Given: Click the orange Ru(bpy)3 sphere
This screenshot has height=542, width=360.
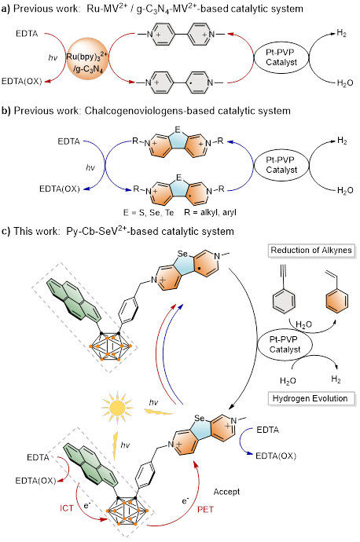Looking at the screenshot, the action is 87,57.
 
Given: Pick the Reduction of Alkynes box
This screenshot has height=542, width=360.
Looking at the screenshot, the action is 311,251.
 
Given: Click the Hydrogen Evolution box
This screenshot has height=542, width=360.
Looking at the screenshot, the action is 311,398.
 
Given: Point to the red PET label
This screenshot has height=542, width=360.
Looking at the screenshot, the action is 205,510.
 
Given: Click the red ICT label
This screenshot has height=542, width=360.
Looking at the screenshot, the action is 66,508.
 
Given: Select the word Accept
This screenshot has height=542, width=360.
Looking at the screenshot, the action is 226,492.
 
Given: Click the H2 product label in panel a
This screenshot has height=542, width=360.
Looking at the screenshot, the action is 342,33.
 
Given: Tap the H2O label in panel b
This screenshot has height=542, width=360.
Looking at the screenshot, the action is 345,190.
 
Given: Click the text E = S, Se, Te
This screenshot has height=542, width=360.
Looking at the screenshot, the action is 149,212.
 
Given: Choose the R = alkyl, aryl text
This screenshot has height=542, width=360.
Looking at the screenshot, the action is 210,212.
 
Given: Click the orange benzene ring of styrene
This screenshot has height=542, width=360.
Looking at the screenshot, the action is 337,300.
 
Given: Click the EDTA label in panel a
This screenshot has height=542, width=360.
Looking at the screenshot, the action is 27,34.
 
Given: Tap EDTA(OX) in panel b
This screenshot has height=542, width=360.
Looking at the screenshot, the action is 60,189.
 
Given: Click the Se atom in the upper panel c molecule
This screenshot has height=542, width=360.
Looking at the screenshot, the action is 182,254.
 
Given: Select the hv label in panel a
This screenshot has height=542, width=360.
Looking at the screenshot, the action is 53,57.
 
